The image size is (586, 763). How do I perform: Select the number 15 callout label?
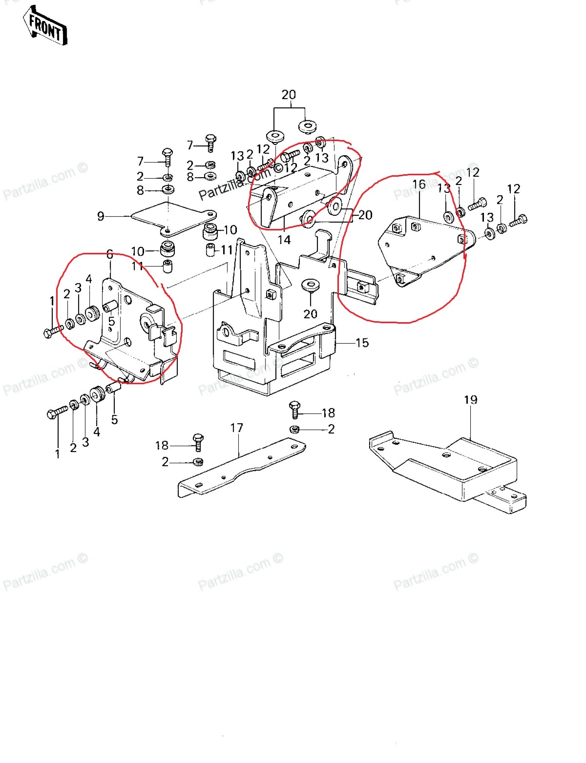tap(362, 343)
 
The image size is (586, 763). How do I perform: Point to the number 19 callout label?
tap(471, 400)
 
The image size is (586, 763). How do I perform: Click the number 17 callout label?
tap(237, 428)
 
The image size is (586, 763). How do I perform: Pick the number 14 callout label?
tap(284, 240)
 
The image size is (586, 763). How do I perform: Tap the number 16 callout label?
tap(419, 184)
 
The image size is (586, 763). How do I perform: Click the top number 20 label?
tap(289, 94)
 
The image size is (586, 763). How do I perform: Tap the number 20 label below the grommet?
tap(310, 314)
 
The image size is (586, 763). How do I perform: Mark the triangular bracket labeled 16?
tap(422, 251)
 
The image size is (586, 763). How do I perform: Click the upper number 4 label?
tap(89, 279)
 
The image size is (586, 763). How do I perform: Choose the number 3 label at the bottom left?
tap(86, 442)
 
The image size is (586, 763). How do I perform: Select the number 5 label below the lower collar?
tap(114, 420)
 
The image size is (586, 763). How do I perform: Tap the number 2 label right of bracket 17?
tap(331, 429)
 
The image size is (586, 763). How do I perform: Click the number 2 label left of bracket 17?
tap(165, 462)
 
